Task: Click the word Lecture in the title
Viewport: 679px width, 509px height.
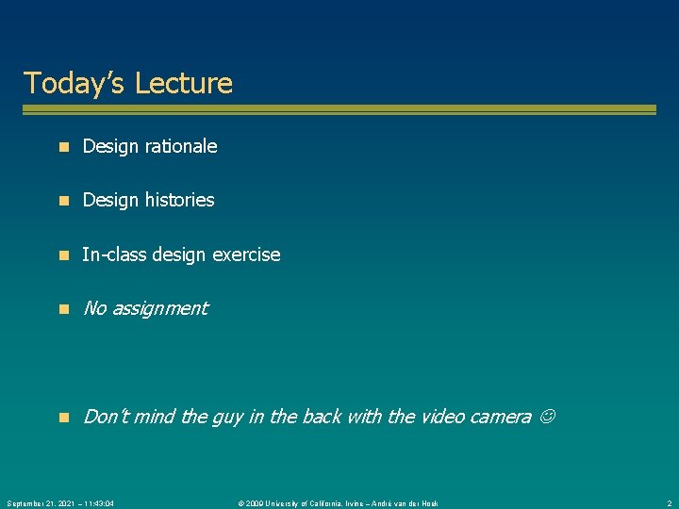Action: click(183, 83)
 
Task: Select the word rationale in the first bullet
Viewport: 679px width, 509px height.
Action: click(181, 146)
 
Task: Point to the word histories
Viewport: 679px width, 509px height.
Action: click(180, 200)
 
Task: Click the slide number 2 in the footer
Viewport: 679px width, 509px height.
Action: click(668, 503)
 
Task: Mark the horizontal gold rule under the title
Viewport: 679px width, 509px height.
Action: click(339, 110)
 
